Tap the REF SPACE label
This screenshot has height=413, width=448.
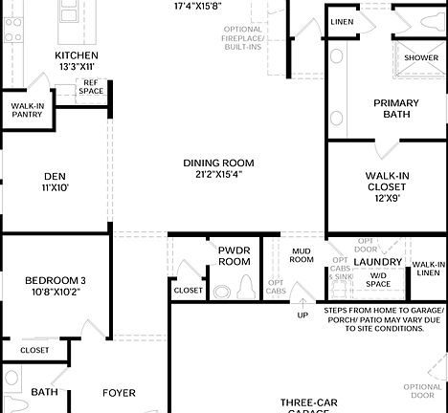point(92,87)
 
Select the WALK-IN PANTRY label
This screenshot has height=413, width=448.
point(28,110)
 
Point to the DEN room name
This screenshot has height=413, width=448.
point(55,176)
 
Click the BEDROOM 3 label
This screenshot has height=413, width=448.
point(56,280)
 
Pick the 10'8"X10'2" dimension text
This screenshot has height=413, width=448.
point(56,293)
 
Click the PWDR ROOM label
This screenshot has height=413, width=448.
point(235,255)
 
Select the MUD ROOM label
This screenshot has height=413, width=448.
point(302,255)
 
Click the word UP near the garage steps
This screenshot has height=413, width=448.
point(303,315)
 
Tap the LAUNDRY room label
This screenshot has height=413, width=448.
point(377,262)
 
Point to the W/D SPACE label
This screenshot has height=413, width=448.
point(377,279)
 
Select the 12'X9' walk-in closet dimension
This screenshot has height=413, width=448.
point(388,198)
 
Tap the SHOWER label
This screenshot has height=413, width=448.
point(421,58)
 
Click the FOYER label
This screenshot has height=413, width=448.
point(119,392)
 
